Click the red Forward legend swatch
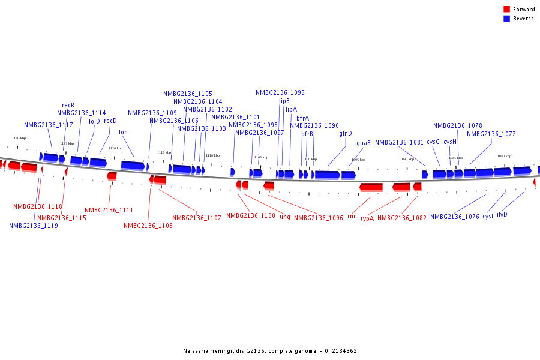click(x=506, y=10)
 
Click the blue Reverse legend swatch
click(x=506, y=19)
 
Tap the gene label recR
click(x=68, y=105)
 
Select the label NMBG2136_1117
click(x=49, y=125)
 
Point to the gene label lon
click(x=123, y=132)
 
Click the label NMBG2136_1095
click(x=280, y=92)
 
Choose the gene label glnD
click(x=346, y=133)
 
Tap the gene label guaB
click(x=364, y=143)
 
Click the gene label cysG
click(x=433, y=142)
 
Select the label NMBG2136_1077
click(x=491, y=134)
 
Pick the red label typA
click(x=367, y=218)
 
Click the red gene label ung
click(x=285, y=217)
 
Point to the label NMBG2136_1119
click(x=34, y=226)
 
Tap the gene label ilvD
click(x=502, y=214)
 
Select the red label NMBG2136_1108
click(x=148, y=226)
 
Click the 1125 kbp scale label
click(x=67, y=143)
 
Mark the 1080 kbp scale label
click(x=504, y=156)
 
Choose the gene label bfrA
click(x=302, y=118)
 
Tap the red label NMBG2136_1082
click(x=402, y=218)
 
